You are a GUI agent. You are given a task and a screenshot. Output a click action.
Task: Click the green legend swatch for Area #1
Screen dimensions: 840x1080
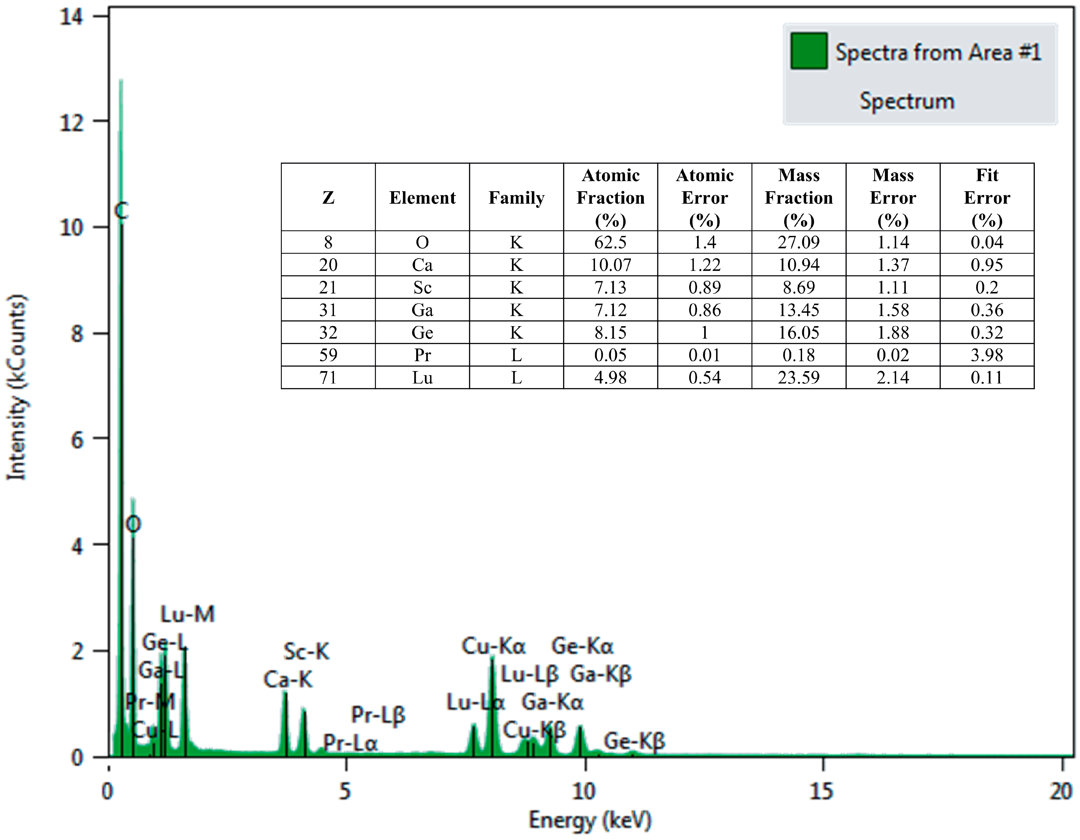point(809,51)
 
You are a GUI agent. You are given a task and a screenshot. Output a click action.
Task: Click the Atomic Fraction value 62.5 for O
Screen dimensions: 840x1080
point(610,242)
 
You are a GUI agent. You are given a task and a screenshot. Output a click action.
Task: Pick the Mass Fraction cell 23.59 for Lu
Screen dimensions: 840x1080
point(799,378)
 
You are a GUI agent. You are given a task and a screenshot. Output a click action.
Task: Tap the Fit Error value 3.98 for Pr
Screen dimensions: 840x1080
point(987,355)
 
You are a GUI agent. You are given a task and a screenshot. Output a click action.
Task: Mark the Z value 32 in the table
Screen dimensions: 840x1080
point(328,332)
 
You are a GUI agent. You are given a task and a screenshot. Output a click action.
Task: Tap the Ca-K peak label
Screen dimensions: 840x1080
point(288,680)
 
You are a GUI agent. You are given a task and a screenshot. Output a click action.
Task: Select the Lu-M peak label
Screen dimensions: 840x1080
point(188,614)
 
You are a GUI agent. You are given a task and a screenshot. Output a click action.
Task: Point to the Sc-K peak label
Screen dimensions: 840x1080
point(306,652)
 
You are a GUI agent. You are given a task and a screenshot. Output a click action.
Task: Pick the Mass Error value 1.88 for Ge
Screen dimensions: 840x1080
point(892,332)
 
